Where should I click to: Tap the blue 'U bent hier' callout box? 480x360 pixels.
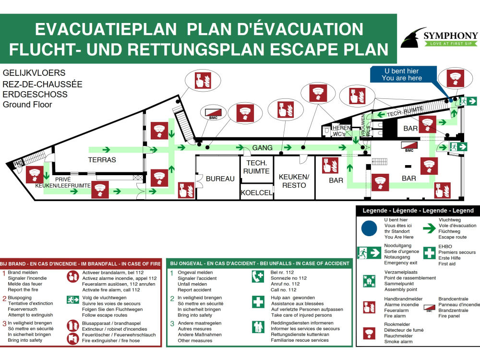(403, 74)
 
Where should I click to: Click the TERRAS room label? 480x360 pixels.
(102, 160)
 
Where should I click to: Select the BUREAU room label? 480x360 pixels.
(220, 179)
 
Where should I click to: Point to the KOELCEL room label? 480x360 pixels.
(256, 192)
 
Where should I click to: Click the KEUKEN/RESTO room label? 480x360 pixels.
(294, 181)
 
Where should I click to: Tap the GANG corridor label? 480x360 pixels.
(263, 148)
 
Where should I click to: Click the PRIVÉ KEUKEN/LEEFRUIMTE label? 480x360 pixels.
(63, 182)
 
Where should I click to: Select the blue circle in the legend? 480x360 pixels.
(369, 228)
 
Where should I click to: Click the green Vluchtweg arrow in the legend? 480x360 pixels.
(429, 228)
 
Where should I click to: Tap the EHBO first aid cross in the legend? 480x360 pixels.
(429, 253)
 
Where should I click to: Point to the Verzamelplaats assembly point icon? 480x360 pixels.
(369, 281)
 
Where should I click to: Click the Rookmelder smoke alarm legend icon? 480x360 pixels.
(369, 333)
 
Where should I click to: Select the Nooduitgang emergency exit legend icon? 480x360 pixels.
(369, 253)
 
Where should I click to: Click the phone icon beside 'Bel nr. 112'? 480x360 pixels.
(258, 276)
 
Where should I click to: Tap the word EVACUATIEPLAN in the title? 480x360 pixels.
(106, 29)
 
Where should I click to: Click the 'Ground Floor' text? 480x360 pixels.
(27, 105)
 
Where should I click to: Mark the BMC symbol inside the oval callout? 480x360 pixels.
(213, 114)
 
